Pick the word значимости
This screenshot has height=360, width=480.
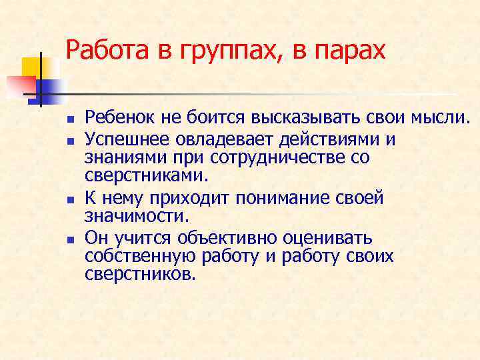pyautogui.click(x=137, y=217)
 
